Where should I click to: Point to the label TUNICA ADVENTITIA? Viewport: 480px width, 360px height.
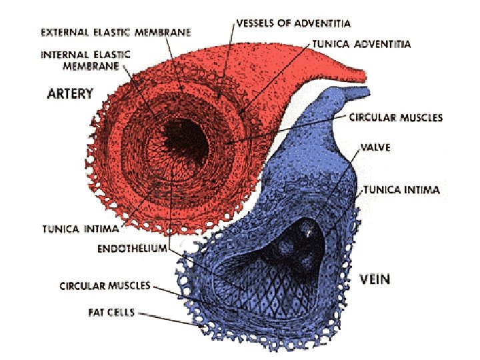click(363, 45)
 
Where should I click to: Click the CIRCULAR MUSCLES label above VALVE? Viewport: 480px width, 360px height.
click(396, 118)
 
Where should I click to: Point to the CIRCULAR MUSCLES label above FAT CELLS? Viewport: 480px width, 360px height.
click(105, 286)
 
